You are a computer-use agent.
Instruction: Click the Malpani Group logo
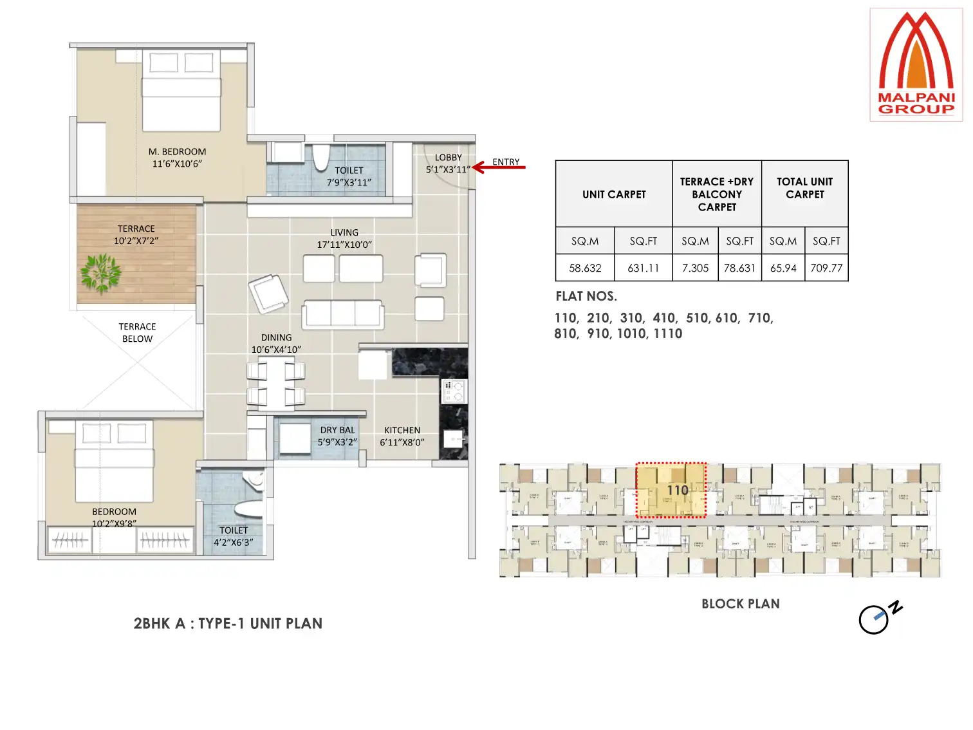(916, 64)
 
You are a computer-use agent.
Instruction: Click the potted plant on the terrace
(101, 273)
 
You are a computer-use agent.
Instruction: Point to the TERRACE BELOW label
(137, 333)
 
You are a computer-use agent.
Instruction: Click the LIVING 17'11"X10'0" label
(344, 238)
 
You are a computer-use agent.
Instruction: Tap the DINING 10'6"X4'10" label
(276, 344)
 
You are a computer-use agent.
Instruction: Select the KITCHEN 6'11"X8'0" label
(402, 436)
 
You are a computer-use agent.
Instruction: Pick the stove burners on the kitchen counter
(454, 391)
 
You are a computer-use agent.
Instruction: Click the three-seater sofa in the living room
(343, 314)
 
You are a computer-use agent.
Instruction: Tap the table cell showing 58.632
(584, 268)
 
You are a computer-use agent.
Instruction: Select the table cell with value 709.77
(826, 268)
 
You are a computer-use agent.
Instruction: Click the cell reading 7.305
(695, 268)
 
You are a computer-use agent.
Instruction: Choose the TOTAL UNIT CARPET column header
(804, 188)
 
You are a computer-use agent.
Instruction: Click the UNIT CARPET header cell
(614, 194)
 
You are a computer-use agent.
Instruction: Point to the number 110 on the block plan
(677, 491)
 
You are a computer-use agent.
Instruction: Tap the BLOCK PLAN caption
(740, 604)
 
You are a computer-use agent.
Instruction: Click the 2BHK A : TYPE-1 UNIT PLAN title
(228, 623)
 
